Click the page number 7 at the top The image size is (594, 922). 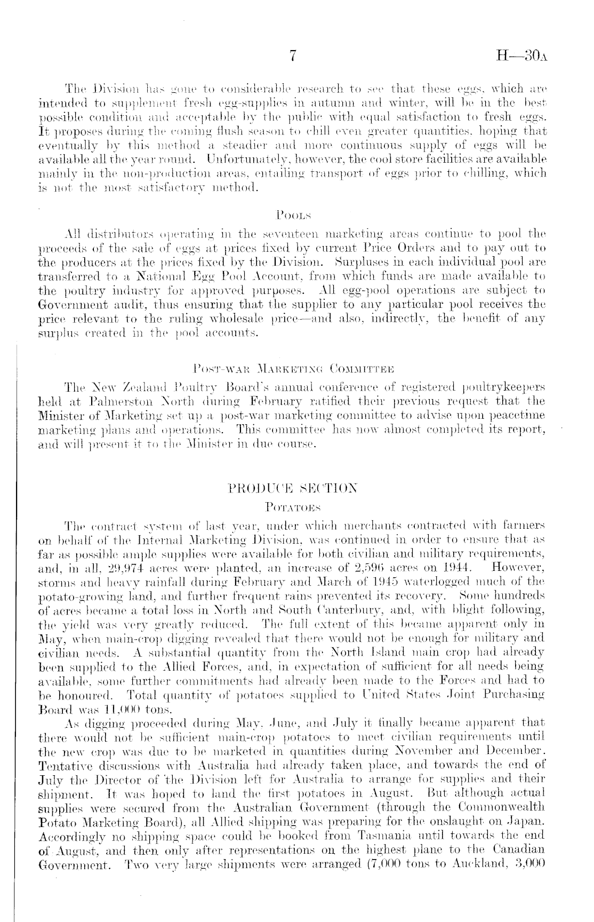click(292, 56)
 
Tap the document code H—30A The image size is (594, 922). click(520, 56)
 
